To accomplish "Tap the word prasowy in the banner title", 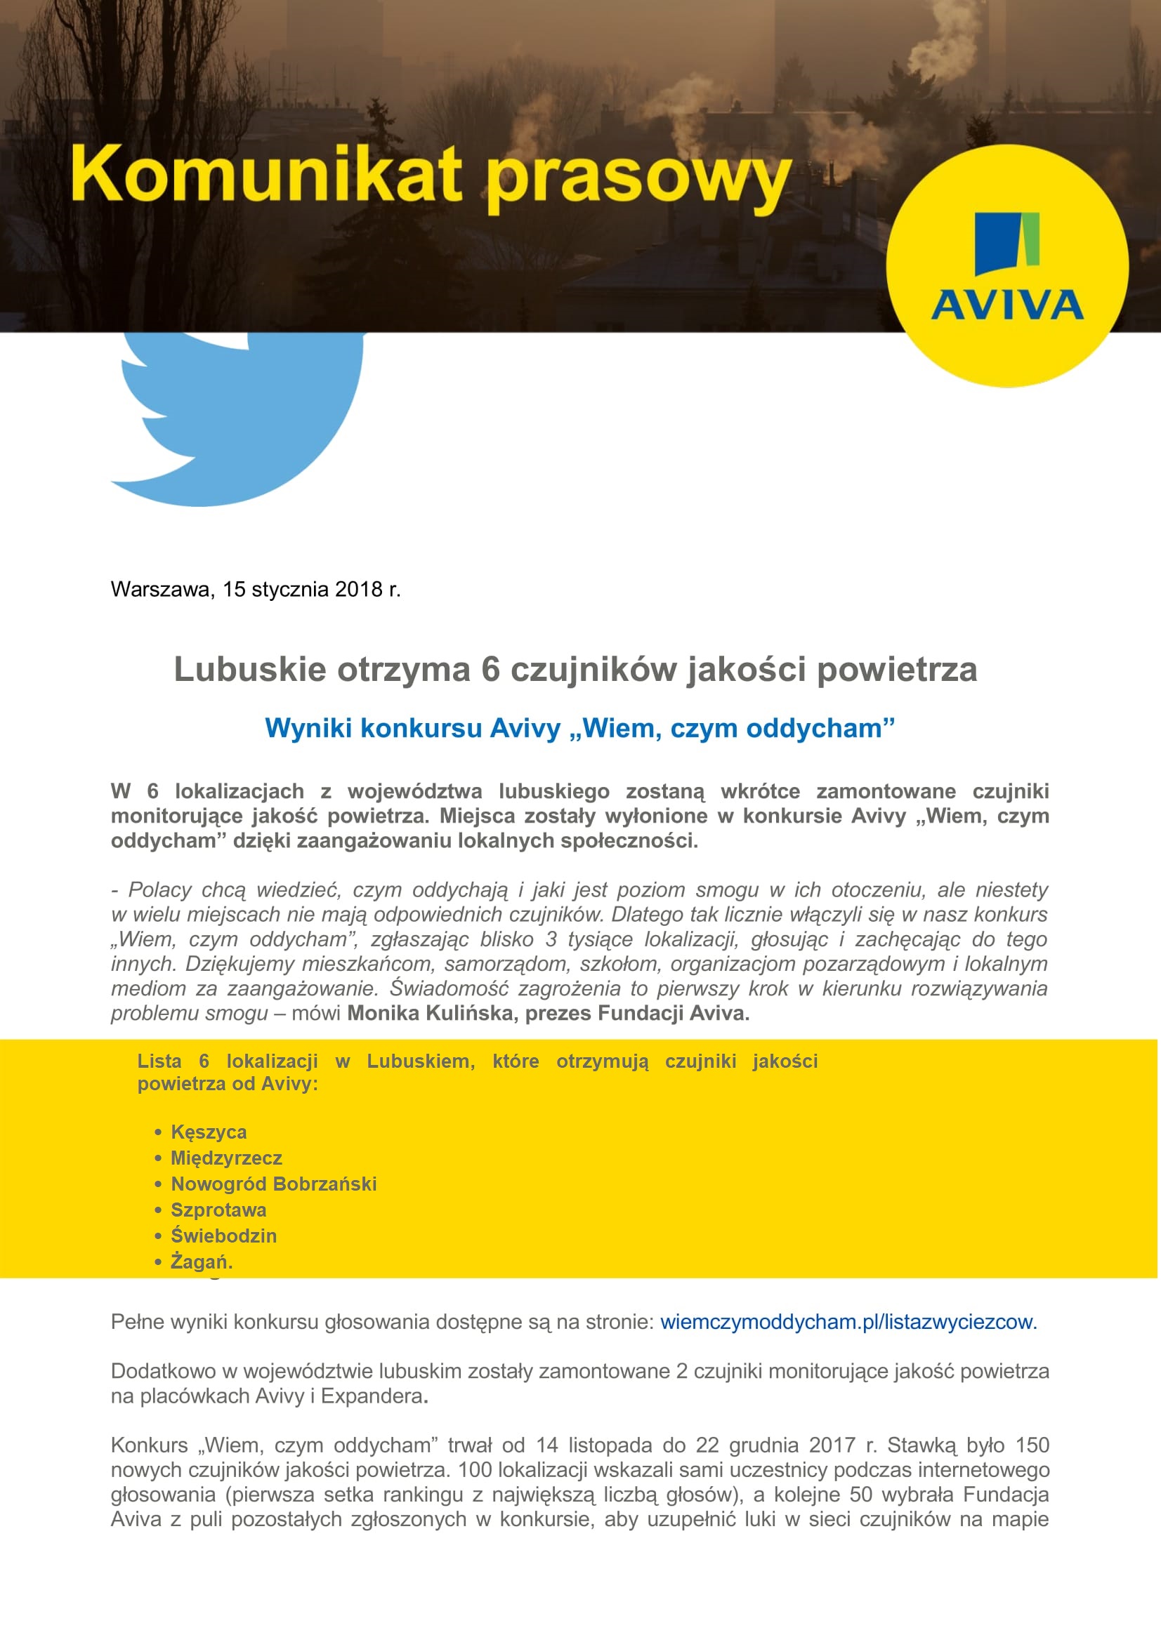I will (639, 179).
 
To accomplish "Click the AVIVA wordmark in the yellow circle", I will (1006, 305).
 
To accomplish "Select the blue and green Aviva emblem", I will (1006, 243).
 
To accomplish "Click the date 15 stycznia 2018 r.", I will (311, 589).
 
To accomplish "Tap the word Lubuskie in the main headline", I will (250, 670).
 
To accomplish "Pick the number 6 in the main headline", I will (490, 670).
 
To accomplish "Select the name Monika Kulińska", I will (432, 1014).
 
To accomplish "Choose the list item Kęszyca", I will (208, 1132).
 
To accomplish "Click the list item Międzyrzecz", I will (226, 1158).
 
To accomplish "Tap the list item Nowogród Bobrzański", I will (273, 1184).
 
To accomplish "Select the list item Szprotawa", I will (218, 1210).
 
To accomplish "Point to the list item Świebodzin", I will (223, 1236).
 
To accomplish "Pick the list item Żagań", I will (201, 1262).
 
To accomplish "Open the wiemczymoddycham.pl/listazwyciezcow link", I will (848, 1322).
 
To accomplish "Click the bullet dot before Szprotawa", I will (158, 1210).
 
